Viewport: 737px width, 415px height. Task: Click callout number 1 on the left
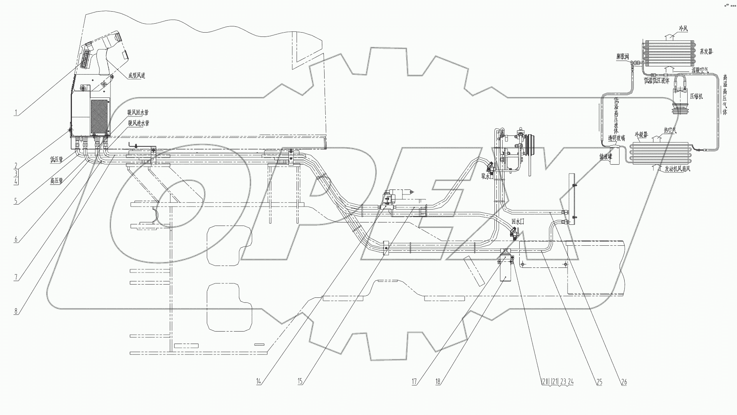[x=16, y=113]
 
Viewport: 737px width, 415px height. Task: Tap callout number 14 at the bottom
[x=258, y=382]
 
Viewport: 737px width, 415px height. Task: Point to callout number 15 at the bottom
[x=300, y=382]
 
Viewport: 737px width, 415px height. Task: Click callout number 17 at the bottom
[x=414, y=382]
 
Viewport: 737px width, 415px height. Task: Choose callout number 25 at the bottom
[x=599, y=382]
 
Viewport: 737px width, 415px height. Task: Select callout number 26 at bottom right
[x=624, y=382]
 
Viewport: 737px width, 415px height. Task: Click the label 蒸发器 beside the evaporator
[x=706, y=51]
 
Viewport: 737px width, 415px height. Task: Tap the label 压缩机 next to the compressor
[x=696, y=96]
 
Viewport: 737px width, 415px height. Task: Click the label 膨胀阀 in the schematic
[x=622, y=56]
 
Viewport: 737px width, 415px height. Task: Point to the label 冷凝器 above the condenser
[x=641, y=134]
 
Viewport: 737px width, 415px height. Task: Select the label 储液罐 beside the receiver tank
[x=606, y=157]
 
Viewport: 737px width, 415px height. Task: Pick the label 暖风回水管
[x=138, y=113]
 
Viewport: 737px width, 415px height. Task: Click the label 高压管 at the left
[x=57, y=180]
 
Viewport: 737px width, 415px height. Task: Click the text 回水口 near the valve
[x=518, y=221]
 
